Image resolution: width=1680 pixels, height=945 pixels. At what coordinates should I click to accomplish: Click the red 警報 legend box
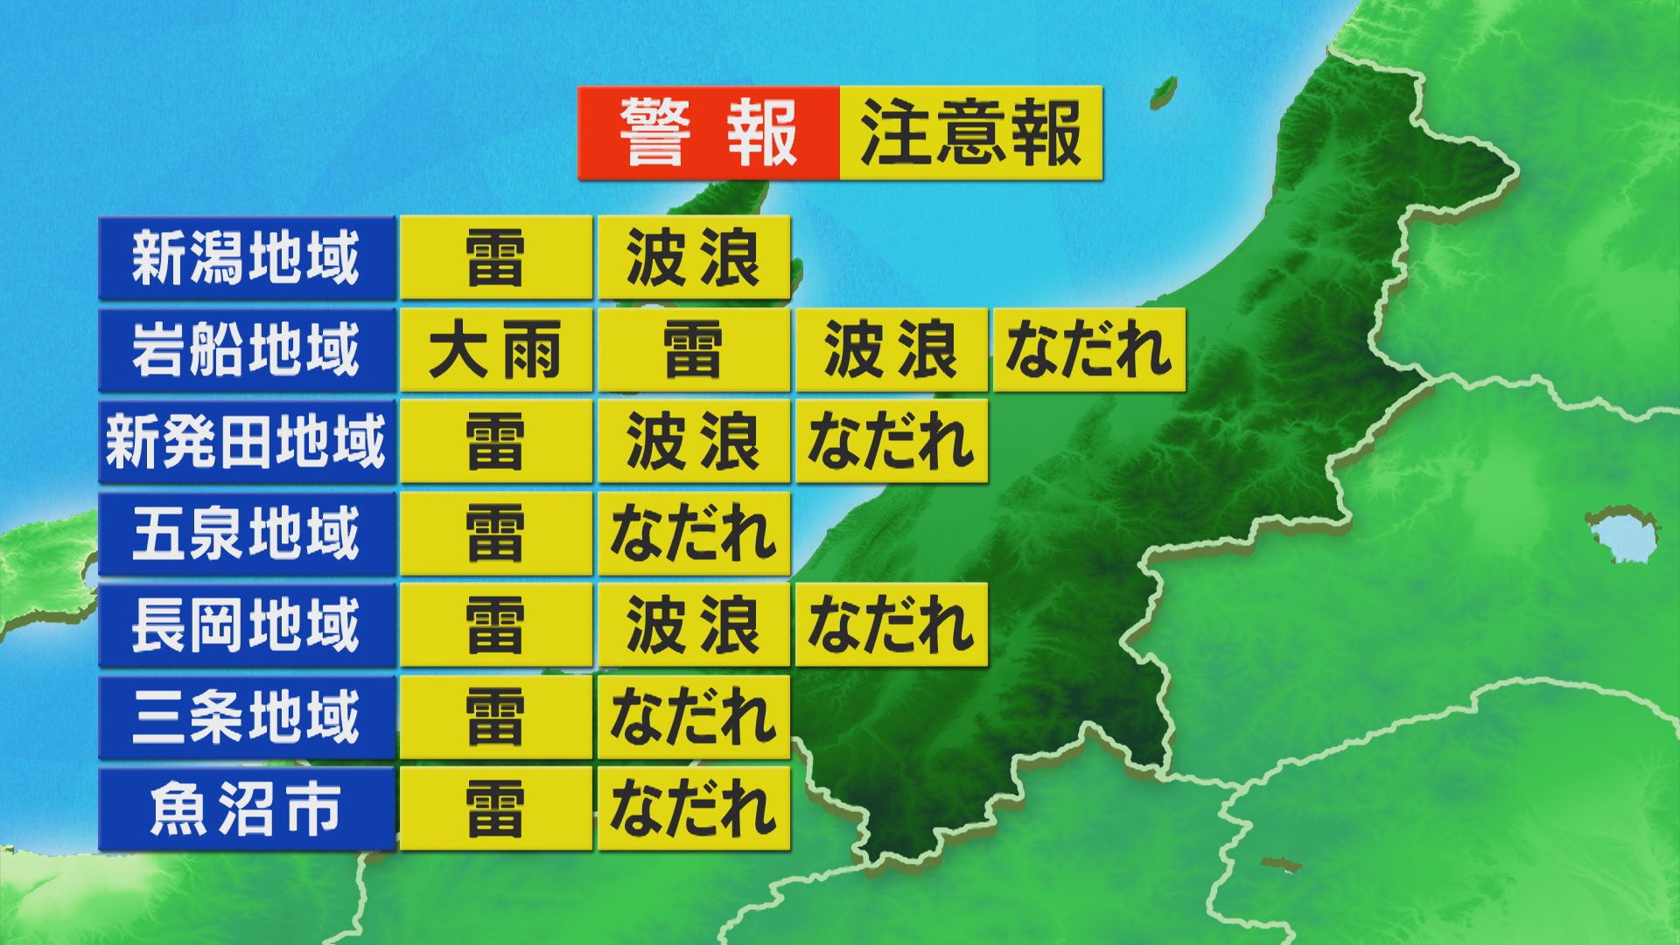pos(708,133)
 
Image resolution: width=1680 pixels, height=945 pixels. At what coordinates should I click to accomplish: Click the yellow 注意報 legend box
pos(970,133)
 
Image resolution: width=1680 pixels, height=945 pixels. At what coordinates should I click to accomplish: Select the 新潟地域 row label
pos(246,258)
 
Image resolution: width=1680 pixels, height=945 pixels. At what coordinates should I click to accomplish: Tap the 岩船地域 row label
pos(246,350)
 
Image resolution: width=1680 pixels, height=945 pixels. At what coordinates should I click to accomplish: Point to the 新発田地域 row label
pos(246,442)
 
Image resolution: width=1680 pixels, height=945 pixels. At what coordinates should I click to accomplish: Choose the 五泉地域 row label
pos(246,534)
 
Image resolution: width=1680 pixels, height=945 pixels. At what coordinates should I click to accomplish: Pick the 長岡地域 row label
pos(246,626)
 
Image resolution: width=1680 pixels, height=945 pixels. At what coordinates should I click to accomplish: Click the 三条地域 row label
pos(246,717)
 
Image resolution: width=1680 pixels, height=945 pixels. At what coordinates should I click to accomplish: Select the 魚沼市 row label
pos(246,809)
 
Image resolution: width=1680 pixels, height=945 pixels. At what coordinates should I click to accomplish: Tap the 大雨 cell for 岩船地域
pos(495,350)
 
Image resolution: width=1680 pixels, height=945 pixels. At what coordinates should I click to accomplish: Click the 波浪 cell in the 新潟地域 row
pos(693,258)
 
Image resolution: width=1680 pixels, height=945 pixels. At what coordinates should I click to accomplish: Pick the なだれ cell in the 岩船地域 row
pos(1088,350)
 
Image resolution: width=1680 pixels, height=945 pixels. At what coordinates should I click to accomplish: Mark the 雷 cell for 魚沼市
pos(495,809)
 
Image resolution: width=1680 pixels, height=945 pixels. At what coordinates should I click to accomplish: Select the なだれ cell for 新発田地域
pos(891,442)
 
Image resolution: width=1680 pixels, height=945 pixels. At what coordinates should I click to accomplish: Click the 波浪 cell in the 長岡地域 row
pos(693,626)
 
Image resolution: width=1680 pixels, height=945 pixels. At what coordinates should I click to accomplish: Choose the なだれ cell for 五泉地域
pos(693,534)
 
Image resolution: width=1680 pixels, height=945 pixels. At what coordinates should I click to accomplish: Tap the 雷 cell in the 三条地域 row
pos(495,717)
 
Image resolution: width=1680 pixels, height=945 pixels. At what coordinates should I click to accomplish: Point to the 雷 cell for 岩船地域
pos(693,350)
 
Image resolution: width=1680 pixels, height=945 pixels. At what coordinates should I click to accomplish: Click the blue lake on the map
pos(1620,534)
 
